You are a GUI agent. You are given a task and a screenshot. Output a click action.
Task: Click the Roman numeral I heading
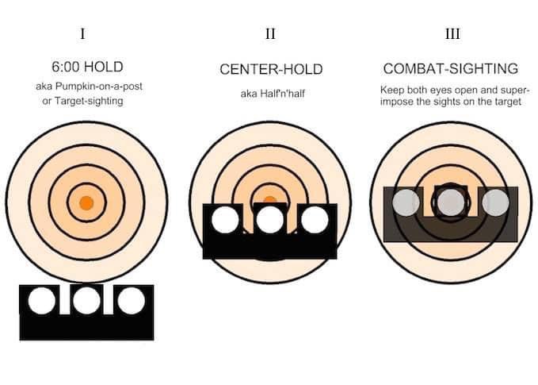coord(82,34)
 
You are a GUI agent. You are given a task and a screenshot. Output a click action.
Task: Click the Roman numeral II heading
coord(270,34)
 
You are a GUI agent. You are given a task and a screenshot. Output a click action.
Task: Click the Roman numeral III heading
coord(452,34)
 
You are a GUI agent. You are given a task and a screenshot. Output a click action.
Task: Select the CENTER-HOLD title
coord(271,69)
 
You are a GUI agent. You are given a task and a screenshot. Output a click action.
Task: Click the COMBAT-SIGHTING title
coord(451,69)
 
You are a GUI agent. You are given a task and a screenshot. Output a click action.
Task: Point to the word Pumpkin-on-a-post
coord(99,87)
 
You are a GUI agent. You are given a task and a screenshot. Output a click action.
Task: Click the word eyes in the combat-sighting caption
coord(441,90)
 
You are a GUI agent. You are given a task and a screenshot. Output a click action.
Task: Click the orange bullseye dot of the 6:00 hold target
coord(86,203)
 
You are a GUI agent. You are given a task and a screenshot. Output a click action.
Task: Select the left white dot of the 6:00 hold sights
coord(41,301)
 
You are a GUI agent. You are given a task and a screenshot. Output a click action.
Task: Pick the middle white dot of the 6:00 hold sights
coord(86,301)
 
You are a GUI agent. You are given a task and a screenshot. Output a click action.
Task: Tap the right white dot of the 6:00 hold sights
coord(131,301)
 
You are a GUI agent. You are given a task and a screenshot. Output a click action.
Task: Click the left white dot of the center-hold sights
coord(225,220)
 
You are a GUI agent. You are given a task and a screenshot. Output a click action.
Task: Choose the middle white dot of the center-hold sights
coord(270,220)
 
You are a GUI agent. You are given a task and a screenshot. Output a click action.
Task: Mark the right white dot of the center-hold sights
coord(315,220)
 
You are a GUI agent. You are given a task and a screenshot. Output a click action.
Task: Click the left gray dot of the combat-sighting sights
coord(406,202)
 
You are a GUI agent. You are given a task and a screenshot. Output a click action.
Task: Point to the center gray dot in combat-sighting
coord(451,202)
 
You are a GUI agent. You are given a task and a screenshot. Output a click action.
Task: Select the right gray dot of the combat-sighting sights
coord(495,202)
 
